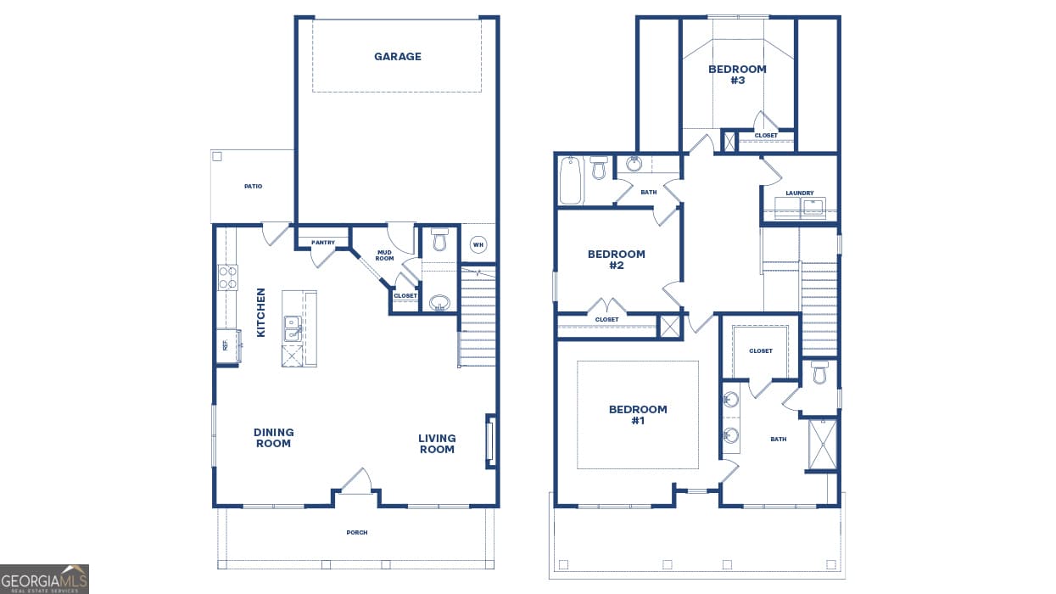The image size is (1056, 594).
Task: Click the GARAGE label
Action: pos(397,57)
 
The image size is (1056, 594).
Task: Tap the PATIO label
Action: pos(253,186)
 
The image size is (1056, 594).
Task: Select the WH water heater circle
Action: pos(478,245)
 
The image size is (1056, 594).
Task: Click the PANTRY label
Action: pos(323,243)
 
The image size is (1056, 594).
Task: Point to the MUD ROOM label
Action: pos(384,255)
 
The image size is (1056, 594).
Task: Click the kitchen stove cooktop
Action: pos(227,277)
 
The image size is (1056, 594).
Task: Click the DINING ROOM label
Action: pos(273,438)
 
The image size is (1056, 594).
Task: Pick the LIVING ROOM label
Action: pos(436,444)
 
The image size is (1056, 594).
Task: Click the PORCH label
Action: pos(357,533)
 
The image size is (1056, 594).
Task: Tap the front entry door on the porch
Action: pos(356,484)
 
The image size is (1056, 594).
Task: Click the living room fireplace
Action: pos(490,440)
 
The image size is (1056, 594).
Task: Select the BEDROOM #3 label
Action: pos(737,75)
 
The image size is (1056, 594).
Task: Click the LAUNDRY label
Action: pos(799,193)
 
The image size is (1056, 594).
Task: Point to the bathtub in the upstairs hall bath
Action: pos(572,180)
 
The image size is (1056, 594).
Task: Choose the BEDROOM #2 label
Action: pos(617,260)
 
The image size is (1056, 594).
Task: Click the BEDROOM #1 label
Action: pos(638,415)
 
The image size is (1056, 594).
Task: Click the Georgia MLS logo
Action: pos(44,579)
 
